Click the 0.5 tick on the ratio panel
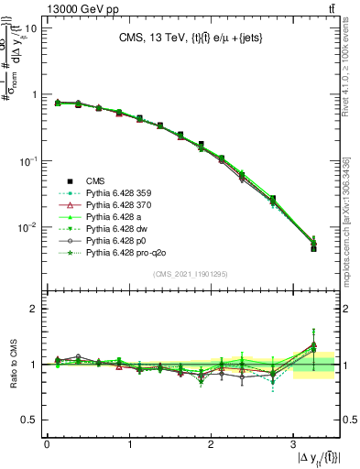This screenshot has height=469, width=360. click(x=27, y=420)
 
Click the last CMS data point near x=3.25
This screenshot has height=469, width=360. click(x=313, y=249)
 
